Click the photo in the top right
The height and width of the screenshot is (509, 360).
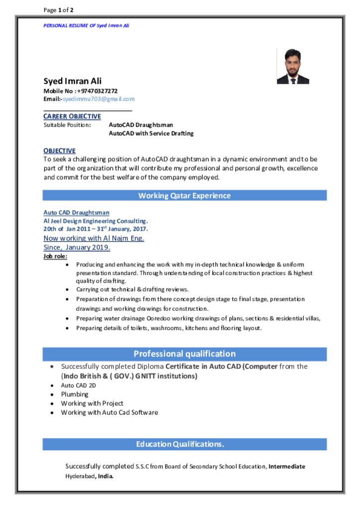(x=293, y=66)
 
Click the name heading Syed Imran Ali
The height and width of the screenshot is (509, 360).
(x=73, y=81)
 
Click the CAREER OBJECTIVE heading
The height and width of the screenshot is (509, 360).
(x=72, y=116)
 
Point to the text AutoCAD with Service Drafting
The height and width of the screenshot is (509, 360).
(x=151, y=133)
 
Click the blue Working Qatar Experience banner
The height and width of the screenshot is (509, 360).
(x=184, y=195)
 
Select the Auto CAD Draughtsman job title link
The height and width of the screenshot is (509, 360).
(x=76, y=213)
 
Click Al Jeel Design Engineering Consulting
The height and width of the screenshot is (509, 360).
(x=95, y=221)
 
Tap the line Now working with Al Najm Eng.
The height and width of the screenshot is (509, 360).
(x=93, y=238)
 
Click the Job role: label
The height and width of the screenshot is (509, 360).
(x=55, y=256)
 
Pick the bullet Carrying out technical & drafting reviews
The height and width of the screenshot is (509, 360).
(x=132, y=289)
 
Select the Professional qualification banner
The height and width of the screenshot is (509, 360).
(x=184, y=354)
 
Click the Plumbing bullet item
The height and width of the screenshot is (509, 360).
(x=75, y=394)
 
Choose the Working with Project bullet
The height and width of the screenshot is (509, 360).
(x=92, y=403)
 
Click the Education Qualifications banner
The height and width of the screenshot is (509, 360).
(x=184, y=444)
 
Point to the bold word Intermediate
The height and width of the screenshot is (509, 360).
(x=287, y=466)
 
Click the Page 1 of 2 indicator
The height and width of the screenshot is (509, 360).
(x=59, y=10)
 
